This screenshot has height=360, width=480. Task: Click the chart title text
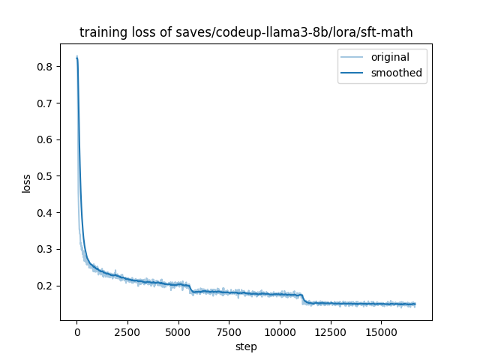coord(246,33)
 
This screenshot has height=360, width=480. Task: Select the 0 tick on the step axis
coord(76,331)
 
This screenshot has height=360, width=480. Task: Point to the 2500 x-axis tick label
coord(127,331)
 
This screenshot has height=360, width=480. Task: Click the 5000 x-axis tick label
coord(178,331)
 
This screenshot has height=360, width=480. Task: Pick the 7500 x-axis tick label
coord(229,331)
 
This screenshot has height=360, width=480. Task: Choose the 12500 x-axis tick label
coord(330,331)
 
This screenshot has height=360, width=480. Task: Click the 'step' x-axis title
coord(246,346)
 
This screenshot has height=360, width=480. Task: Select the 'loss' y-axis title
coord(26,183)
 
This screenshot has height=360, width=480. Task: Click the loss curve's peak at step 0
coord(76,57)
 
